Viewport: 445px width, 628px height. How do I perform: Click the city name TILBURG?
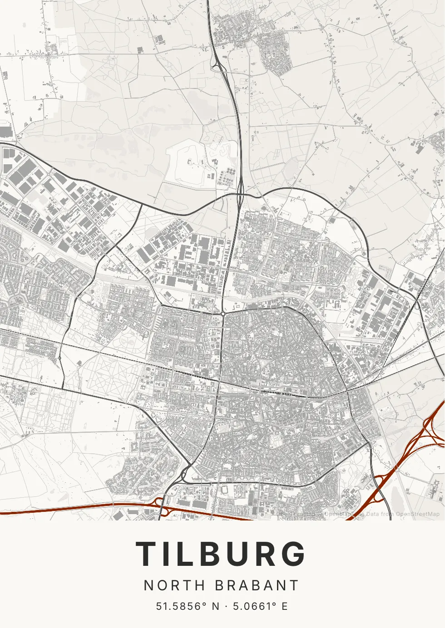(221, 554)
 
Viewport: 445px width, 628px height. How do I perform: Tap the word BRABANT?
(257, 585)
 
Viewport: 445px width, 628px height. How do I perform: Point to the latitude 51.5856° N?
(188, 606)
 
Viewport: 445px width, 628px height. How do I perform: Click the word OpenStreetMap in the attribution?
(417, 514)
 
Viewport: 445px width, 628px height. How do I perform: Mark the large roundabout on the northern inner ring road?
(223, 314)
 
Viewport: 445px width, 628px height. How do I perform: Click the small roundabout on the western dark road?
(59, 358)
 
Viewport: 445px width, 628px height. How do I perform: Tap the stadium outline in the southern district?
(225, 489)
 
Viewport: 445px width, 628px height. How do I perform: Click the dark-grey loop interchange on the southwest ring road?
(185, 474)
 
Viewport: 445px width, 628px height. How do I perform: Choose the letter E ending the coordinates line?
(285, 606)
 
